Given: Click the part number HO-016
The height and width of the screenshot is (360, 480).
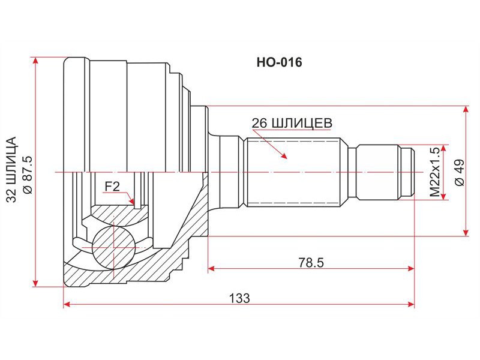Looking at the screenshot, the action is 279,62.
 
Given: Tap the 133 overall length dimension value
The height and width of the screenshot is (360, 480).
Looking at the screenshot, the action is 239,298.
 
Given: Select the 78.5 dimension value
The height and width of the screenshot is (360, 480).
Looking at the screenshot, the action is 311,262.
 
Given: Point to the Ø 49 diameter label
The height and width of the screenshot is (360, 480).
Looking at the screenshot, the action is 460,172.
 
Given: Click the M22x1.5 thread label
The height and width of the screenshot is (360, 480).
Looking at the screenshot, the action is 434,172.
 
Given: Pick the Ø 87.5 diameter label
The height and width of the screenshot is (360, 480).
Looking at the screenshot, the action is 28,175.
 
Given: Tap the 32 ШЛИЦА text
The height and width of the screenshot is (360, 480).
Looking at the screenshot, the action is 11,170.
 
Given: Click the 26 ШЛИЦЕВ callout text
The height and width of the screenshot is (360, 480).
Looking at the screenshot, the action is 292,123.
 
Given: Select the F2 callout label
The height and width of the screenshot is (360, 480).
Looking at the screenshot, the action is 112,186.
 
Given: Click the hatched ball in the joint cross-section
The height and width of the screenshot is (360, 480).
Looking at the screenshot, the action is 113,247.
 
